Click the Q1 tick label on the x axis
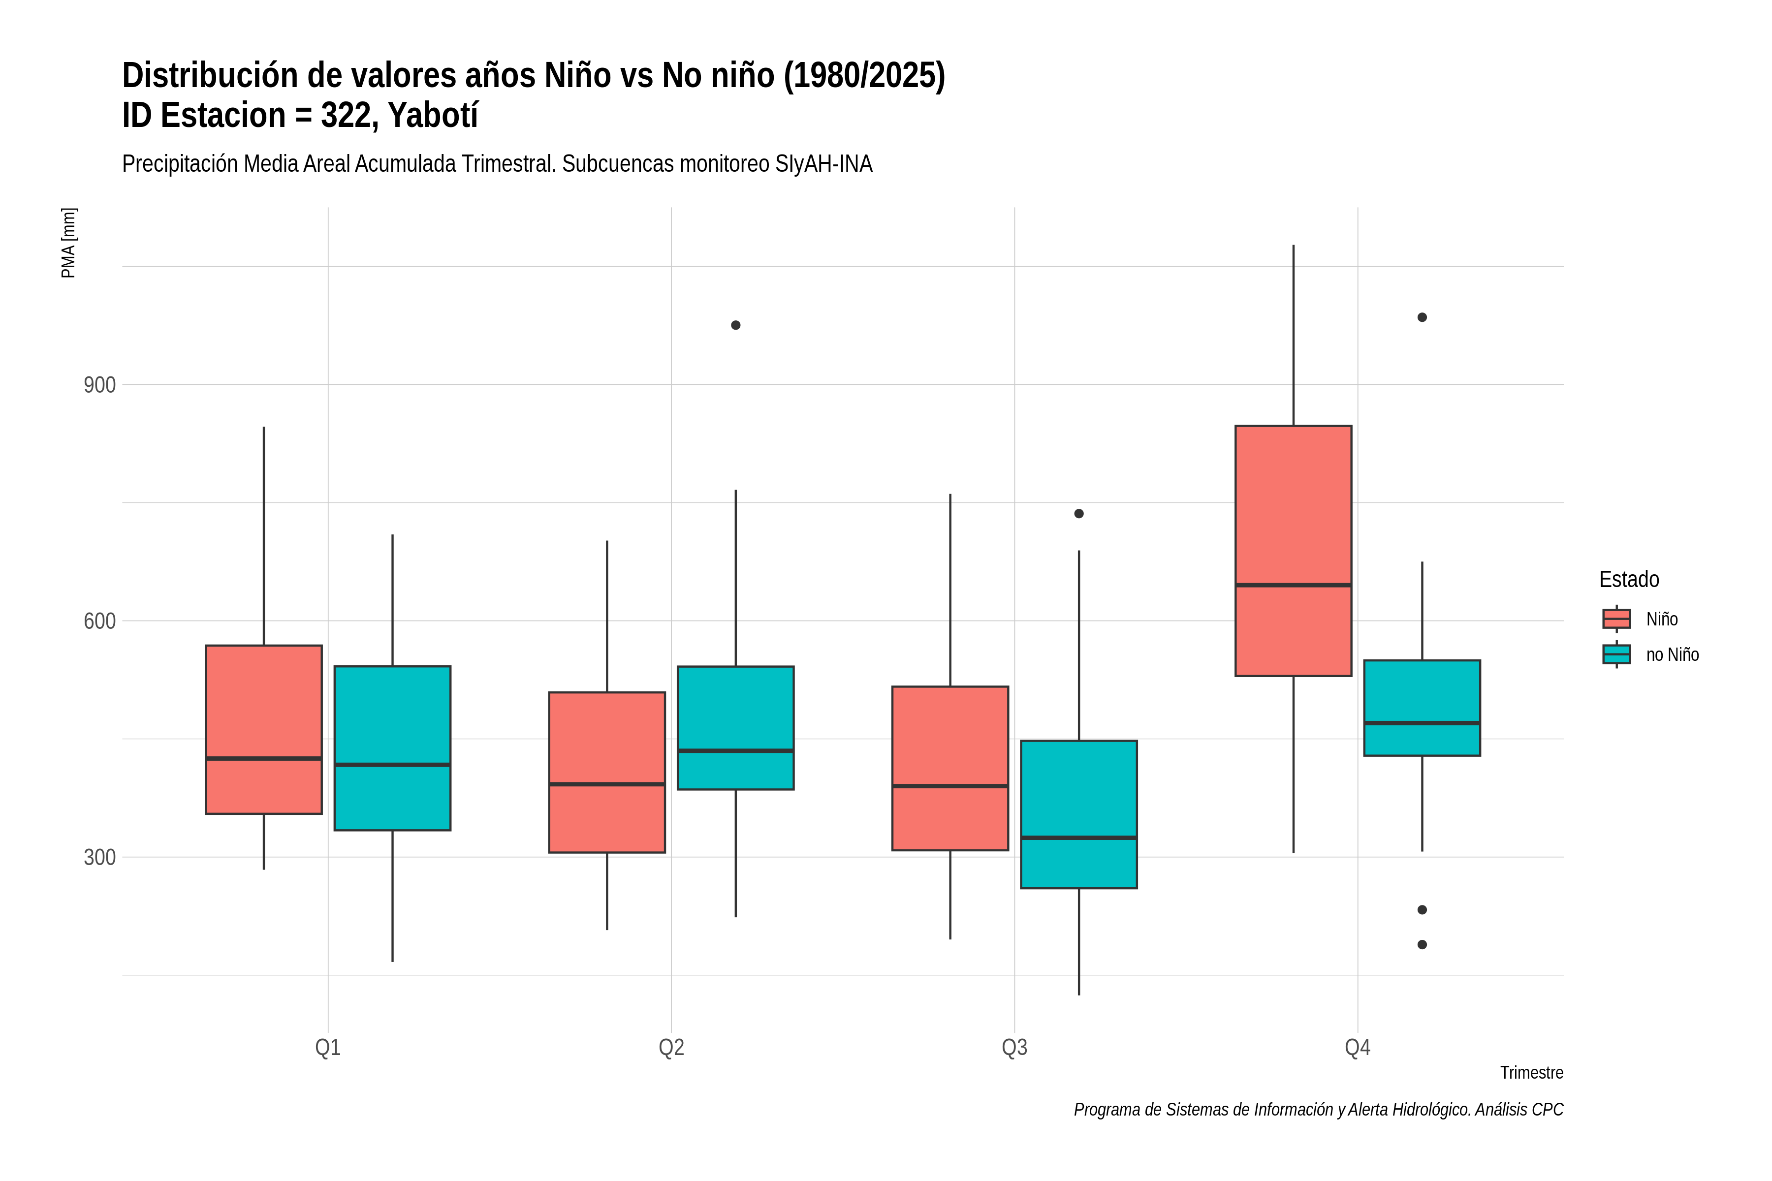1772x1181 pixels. tap(328, 1048)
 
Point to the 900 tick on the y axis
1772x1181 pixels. tap(99, 385)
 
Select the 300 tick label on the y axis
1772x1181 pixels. tap(99, 857)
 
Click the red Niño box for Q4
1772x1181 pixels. tap(1293, 551)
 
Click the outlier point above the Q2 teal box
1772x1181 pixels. tap(735, 325)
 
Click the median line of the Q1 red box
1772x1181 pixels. tap(264, 758)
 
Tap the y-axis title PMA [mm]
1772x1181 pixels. tap(68, 243)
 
